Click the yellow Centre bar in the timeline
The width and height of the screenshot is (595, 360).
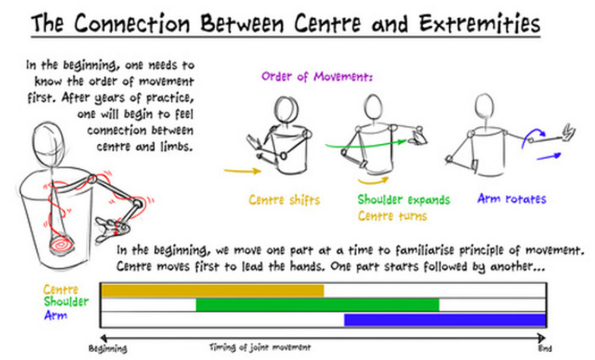tap(213, 290)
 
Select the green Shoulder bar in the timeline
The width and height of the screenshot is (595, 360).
tap(317, 305)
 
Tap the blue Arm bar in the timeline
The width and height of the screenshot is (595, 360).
tap(445, 320)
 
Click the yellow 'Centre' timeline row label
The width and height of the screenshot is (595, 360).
tap(61, 289)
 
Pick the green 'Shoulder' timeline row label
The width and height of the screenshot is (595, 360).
tap(66, 302)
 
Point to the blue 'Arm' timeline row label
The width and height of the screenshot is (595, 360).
tap(56, 315)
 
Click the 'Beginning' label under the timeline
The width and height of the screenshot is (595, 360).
tap(108, 349)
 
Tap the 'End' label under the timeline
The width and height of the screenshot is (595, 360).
tap(545, 348)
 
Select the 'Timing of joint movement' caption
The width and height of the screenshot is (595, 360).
tap(260, 347)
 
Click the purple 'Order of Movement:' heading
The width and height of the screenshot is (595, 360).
tap(317, 77)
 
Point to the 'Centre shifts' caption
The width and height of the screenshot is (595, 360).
tap(284, 200)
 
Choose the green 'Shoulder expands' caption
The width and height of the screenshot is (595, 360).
tap(404, 200)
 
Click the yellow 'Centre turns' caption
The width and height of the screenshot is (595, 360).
tap(392, 216)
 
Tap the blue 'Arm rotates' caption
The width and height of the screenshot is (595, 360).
tap(512, 198)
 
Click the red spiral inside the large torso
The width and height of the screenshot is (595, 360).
tap(61, 245)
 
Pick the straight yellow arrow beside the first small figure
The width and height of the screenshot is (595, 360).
tap(243, 171)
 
